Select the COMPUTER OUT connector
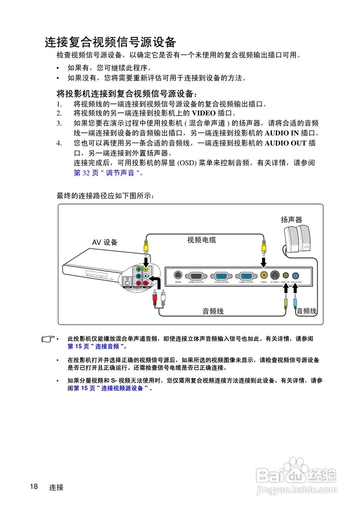click(196, 275)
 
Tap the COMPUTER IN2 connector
click(221, 275)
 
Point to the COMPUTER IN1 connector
click(246, 275)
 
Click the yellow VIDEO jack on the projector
click(264, 275)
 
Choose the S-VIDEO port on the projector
click(275, 275)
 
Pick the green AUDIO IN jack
click(285, 275)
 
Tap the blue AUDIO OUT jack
click(295, 275)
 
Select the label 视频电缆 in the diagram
click(202, 240)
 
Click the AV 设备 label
click(105, 242)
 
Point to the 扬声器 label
click(291, 220)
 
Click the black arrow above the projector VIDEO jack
click(264, 263)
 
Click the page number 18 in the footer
click(34, 486)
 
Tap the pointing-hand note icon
click(49, 339)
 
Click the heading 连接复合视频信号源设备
click(110, 42)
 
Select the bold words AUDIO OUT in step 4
click(285, 143)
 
